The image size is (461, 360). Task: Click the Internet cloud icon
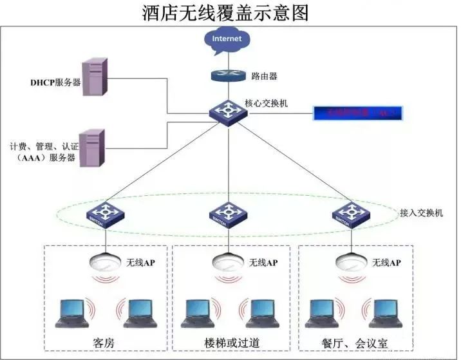point(227,39)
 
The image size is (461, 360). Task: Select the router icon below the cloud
point(227,75)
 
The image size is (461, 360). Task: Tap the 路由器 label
point(265,76)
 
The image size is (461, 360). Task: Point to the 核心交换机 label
point(266,102)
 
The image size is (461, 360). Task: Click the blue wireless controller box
point(358,113)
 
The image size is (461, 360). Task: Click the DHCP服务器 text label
point(55,83)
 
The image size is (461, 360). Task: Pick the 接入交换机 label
point(421,212)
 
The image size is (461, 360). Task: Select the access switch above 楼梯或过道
point(227,214)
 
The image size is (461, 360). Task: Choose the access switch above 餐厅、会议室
point(351,214)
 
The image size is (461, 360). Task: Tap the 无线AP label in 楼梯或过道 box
point(263,263)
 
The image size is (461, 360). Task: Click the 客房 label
point(104,341)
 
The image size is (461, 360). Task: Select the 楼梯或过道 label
point(230,341)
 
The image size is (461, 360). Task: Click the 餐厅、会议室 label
point(354,341)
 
